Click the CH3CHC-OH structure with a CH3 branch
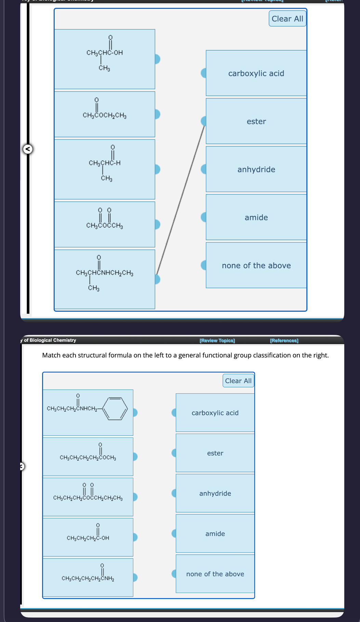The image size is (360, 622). tap(104, 53)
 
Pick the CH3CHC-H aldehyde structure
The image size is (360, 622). tap(105, 163)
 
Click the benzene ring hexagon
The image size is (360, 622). tap(115, 408)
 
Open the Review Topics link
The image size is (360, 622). tap(217, 340)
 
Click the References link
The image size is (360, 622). tap(284, 340)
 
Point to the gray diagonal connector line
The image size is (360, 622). tap(181, 200)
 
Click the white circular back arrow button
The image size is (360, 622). tap(28, 149)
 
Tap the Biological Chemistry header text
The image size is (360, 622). tap(53, 340)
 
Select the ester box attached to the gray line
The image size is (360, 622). tap(256, 121)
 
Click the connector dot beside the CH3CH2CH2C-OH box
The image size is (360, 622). tap(135, 537)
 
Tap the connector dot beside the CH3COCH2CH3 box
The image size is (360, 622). tap(157, 114)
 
